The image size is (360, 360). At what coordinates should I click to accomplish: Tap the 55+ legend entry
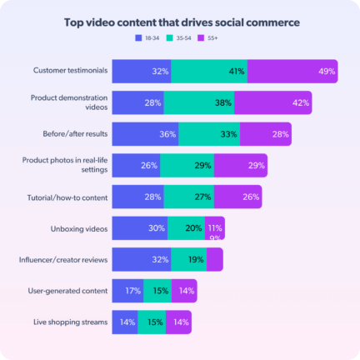coord(220,38)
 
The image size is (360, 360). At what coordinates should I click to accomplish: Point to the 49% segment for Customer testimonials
coord(292,72)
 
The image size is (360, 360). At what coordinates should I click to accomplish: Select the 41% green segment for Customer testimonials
coord(209,72)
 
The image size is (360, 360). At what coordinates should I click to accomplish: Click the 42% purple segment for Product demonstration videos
coord(273,103)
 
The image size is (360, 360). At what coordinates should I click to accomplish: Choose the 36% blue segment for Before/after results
coord(145,134)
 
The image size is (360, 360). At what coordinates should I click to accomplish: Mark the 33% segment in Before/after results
coord(208,134)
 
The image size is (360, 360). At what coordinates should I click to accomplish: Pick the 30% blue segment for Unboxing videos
coord(139,228)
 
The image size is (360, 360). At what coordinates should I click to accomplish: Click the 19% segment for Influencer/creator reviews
coord(188,259)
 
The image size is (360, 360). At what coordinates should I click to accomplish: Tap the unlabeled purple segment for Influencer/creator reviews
coord(215,259)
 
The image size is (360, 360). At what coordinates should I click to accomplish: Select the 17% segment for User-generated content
coord(127,291)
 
